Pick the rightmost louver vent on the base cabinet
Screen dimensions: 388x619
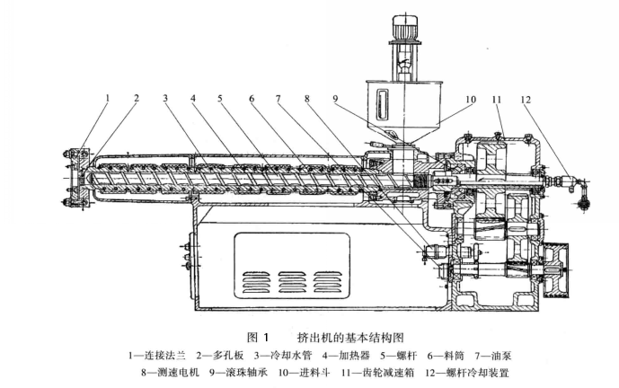click(x=341, y=279)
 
